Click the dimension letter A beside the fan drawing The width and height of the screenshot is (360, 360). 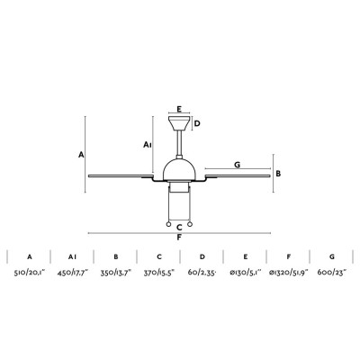(x=81, y=155)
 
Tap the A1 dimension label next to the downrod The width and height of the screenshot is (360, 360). (x=148, y=145)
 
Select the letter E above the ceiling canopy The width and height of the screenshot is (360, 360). (x=179, y=109)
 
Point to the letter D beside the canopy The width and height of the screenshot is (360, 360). (x=197, y=123)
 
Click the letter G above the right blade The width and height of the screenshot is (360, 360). (x=238, y=165)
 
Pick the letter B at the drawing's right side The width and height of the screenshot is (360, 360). (x=278, y=174)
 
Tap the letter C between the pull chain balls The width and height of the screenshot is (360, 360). (x=179, y=227)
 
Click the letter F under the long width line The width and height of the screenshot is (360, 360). (x=179, y=238)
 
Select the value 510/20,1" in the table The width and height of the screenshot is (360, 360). (x=30, y=273)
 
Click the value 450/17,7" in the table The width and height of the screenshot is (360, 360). (x=73, y=273)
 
